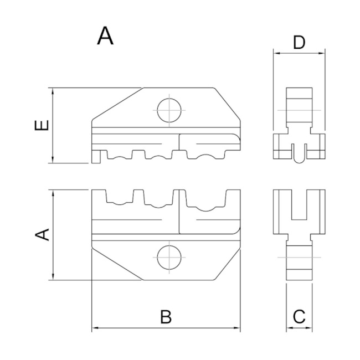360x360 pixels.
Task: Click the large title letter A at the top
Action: (105, 36)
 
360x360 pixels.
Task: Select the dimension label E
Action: (42, 125)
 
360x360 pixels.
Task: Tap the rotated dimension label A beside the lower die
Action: (42, 235)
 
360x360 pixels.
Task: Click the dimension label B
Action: (166, 317)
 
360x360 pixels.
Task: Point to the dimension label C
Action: (299, 317)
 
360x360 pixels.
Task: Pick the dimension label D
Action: (299, 43)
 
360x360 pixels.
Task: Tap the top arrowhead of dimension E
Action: (53, 91)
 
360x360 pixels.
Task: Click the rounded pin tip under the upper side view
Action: (299, 158)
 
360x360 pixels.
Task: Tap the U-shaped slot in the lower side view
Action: (299, 208)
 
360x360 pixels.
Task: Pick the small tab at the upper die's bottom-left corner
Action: (95, 157)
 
